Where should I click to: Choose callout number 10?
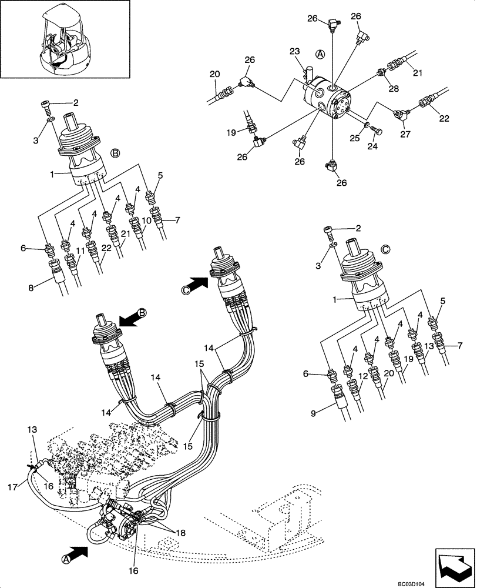coord(147,220)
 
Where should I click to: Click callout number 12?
coord(363,376)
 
